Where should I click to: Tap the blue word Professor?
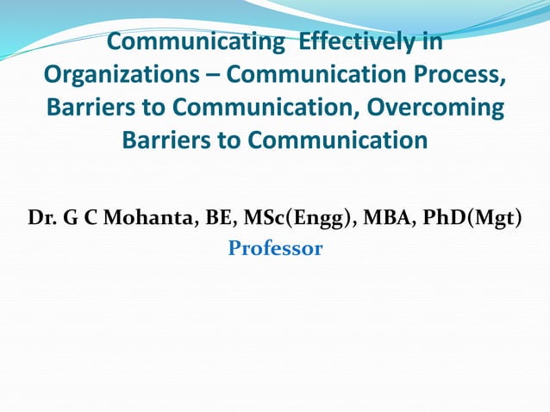coord(275,249)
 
